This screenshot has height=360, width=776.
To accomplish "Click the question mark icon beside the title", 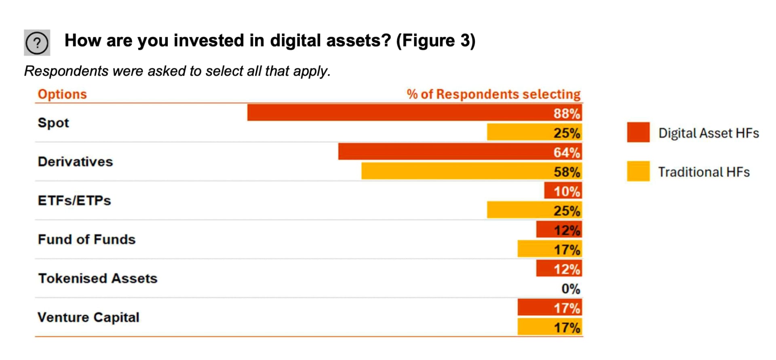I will pyautogui.click(x=37, y=42).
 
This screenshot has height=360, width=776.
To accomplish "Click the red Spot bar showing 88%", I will pyautogui.click(x=414, y=113).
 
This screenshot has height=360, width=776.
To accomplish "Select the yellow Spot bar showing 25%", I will pyautogui.click(x=534, y=132).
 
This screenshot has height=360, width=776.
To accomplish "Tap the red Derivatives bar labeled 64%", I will pyautogui.click(x=460, y=152).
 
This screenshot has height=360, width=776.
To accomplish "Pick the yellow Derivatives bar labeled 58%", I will pyautogui.click(x=471, y=171).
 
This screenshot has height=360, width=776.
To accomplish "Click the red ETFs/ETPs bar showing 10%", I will pyautogui.click(x=563, y=190).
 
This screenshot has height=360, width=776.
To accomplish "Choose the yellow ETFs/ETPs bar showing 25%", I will pyautogui.click(x=534, y=210).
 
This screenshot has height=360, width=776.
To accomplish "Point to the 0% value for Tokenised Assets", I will pyautogui.click(x=570, y=288).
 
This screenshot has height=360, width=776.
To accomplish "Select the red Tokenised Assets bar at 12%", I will pyautogui.click(x=559, y=269).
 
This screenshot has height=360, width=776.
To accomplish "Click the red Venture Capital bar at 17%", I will pyautogui.click(x=550, y=307).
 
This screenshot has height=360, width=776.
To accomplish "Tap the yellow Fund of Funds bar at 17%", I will pyautogui.click(x=550, y=249).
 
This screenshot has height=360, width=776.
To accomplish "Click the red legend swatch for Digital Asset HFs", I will pyautogui.click(x=638, y=133).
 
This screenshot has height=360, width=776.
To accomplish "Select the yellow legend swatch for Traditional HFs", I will pyautogui.click(x=638, y=171).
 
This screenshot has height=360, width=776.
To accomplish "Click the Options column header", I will pyautogui.click(x=62, y=94).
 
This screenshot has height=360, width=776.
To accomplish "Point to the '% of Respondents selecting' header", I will pyautogui.click(x=493, y=94).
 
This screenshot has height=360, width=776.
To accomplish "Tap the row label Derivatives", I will pyautogui.click(x=75, y=162).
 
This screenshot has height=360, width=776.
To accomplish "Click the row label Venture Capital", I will pyautogui.click(x=88, y=317).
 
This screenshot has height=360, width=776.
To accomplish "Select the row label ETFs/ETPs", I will pyautogui.click(x=74, y=200).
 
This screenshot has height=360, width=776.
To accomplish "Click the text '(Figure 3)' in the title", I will pyautogui.click(x=435, y=41).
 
